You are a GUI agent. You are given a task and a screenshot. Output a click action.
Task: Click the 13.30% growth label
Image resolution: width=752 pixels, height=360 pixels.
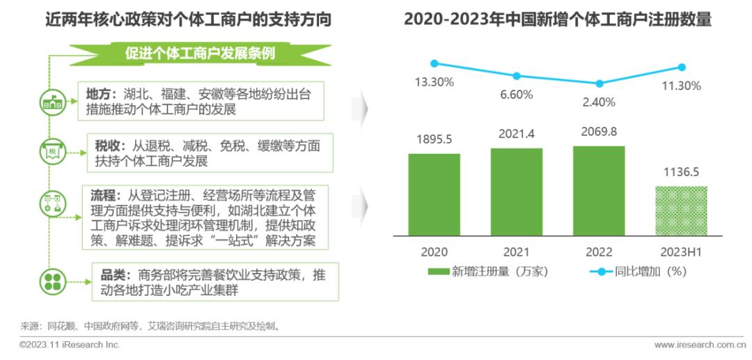434,82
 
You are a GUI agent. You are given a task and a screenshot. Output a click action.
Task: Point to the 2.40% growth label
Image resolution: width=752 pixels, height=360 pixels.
598,102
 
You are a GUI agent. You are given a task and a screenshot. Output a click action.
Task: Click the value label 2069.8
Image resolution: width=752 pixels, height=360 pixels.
598,132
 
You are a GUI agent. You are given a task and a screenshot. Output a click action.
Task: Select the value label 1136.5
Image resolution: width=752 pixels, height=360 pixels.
681,172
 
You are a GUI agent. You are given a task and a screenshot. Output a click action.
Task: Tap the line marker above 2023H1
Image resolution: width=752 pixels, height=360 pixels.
682,67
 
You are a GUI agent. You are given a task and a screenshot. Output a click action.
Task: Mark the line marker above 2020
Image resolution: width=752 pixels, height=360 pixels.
434,63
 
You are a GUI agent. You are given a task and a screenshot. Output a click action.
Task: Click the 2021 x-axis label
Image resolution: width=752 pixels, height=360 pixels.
516,252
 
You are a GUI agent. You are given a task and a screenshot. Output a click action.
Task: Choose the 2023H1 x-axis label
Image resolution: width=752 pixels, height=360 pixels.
681,252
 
